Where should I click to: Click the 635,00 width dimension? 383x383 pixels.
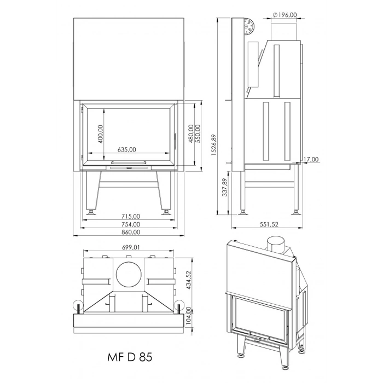(x=126, y=149)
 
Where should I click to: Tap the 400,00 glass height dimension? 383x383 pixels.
(x=100, y=134)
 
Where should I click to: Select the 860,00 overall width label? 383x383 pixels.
(x=131, y=232)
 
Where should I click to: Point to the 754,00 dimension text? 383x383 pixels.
(x=131, y=224)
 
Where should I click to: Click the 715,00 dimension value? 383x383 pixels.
(x=131, y=216)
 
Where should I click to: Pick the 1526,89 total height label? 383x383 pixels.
(x=214, y=144)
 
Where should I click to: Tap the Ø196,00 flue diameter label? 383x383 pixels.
(x=285, y=15)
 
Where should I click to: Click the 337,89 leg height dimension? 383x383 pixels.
(x=225, y=187)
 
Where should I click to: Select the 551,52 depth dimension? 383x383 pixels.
(x=269, y=224)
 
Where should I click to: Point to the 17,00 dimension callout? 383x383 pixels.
(x=311, y=159)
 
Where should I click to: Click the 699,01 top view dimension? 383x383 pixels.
(x=131, y=247)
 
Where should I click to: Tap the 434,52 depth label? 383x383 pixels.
(x=188, y=280)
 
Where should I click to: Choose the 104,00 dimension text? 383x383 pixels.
(x=188, y=316)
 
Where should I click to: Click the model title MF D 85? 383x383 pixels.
(x=130, y=357)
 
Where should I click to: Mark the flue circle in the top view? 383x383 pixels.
(x=129, y=274)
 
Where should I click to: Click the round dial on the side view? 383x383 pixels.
(x=249, y=26)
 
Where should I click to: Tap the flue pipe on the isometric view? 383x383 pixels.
(x=276, y=245)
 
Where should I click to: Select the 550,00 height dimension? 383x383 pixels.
(x=198, y=134)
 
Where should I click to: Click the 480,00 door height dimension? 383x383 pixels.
(x=191, y=134)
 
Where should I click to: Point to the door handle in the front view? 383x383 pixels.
(x=129, y=163)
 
